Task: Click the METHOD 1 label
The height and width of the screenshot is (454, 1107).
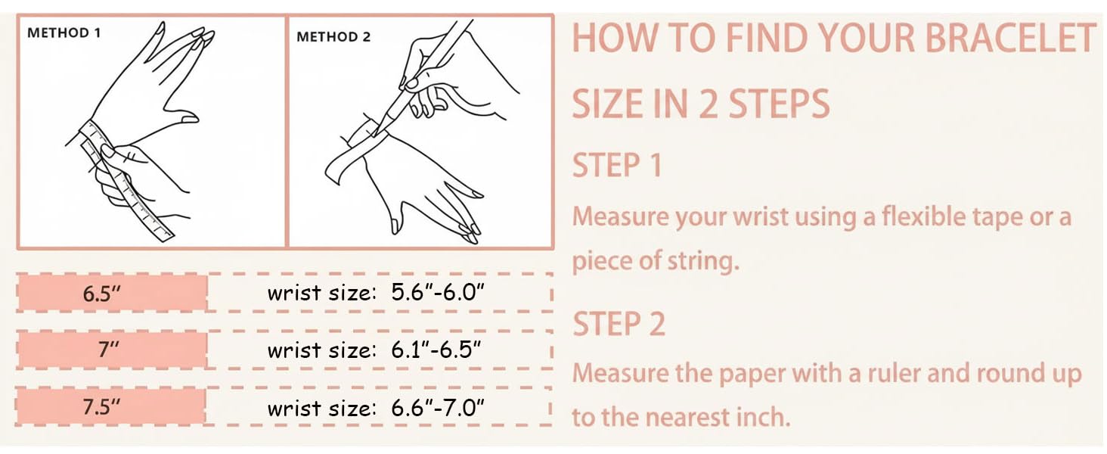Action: [x=64, y=33]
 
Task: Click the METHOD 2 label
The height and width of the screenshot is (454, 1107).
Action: [x=333, y=36]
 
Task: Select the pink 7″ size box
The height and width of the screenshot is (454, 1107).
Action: [x=112, y=350]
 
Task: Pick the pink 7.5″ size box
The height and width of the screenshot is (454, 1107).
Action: [x=112, y=407]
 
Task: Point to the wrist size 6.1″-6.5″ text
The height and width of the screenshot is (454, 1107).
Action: [x=375, y=350]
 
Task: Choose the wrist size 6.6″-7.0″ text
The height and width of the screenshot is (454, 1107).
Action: [x=375, y=409]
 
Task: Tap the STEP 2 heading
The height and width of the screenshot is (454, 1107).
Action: [x=619, y=324]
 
